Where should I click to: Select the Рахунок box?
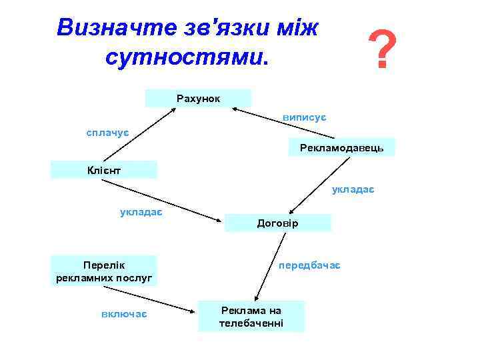coord(198,98)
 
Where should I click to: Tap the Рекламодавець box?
coord(341,147)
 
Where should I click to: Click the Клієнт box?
coord(105,169)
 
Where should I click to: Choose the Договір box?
coord(277,223)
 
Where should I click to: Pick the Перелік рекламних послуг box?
coord(105,271)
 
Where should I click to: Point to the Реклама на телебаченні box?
coord(251,317)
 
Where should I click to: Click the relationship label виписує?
coord(303,117)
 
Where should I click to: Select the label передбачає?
coord(309,265)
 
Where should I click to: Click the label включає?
coord(125,313)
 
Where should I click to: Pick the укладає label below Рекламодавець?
coord(353,190)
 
